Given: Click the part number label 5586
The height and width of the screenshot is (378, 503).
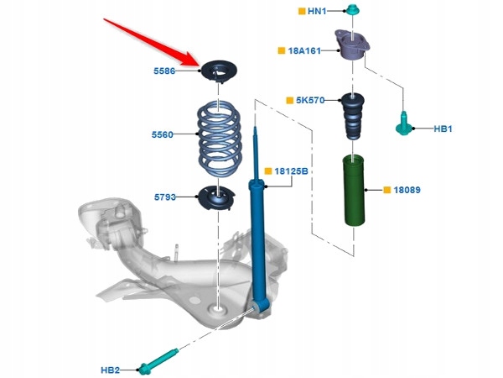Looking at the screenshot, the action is point(164,71).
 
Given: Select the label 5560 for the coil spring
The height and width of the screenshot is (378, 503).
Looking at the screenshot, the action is point(163,134).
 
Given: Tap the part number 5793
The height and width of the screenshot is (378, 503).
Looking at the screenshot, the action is point(165,197).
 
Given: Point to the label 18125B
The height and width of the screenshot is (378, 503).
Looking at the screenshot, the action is point(291,171).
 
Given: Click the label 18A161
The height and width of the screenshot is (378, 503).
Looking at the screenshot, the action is point(304,50).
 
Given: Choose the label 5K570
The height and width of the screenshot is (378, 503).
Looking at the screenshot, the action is point(310,100).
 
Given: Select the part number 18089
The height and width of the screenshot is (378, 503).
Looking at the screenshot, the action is point(407,190).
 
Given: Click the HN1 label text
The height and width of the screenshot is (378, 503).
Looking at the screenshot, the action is point(317,11).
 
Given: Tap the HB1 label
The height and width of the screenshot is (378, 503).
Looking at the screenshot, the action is point(443,129).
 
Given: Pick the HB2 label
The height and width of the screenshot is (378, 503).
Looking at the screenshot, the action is point(110,370).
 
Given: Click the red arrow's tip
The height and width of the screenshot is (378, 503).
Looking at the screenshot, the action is point(200,65).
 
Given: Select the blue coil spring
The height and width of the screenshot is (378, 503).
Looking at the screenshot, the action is point(219,139).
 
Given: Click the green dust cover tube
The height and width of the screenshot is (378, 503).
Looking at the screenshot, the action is point(354,191).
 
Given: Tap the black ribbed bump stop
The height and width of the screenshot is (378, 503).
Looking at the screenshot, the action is point(353,117).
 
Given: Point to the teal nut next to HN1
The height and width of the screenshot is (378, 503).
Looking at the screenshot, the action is point(353,9).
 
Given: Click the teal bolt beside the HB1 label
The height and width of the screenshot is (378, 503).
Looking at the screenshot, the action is point(403,123).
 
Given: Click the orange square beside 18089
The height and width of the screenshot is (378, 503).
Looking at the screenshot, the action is point(386,190).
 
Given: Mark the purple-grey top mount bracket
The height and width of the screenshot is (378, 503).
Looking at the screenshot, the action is point(352,45).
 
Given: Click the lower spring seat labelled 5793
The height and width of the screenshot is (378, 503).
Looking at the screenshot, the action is point(216,198).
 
